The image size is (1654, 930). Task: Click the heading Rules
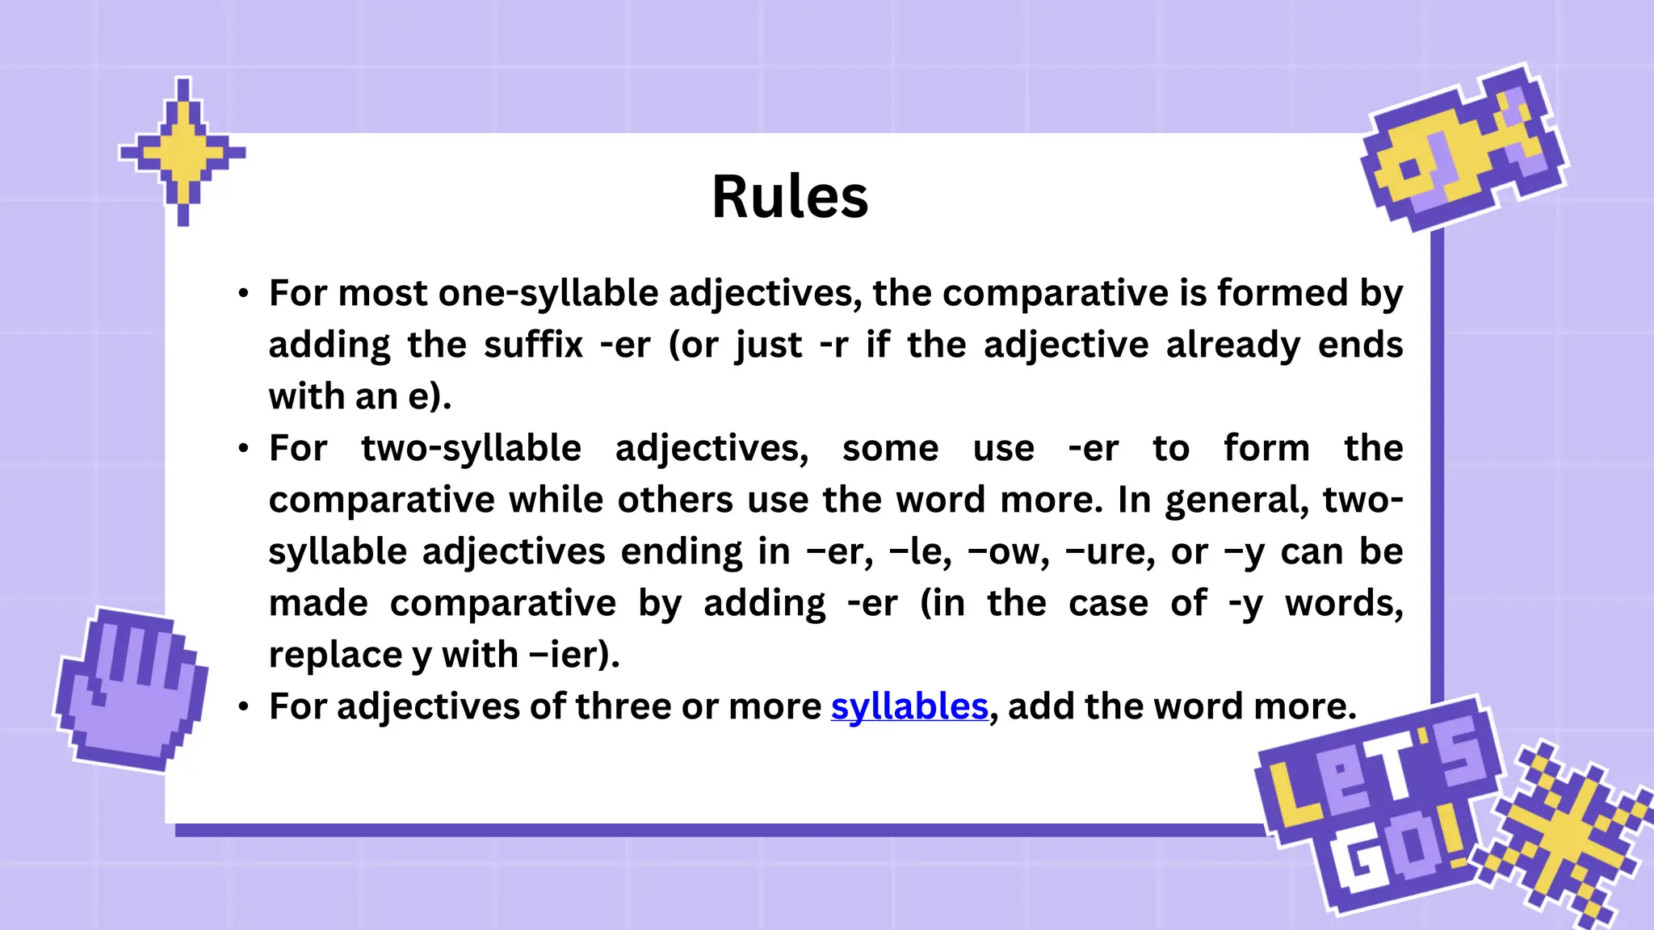point(789,197)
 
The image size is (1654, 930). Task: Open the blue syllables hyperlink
point(909,706)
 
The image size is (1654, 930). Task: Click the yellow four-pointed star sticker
point(183,151)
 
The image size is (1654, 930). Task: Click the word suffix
point(533,345)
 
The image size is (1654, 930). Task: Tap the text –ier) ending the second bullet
point(574,655)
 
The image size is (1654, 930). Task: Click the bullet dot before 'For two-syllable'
point(243,449)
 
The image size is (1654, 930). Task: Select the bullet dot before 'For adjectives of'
point(243,707)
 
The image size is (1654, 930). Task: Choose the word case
point(1108,603)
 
